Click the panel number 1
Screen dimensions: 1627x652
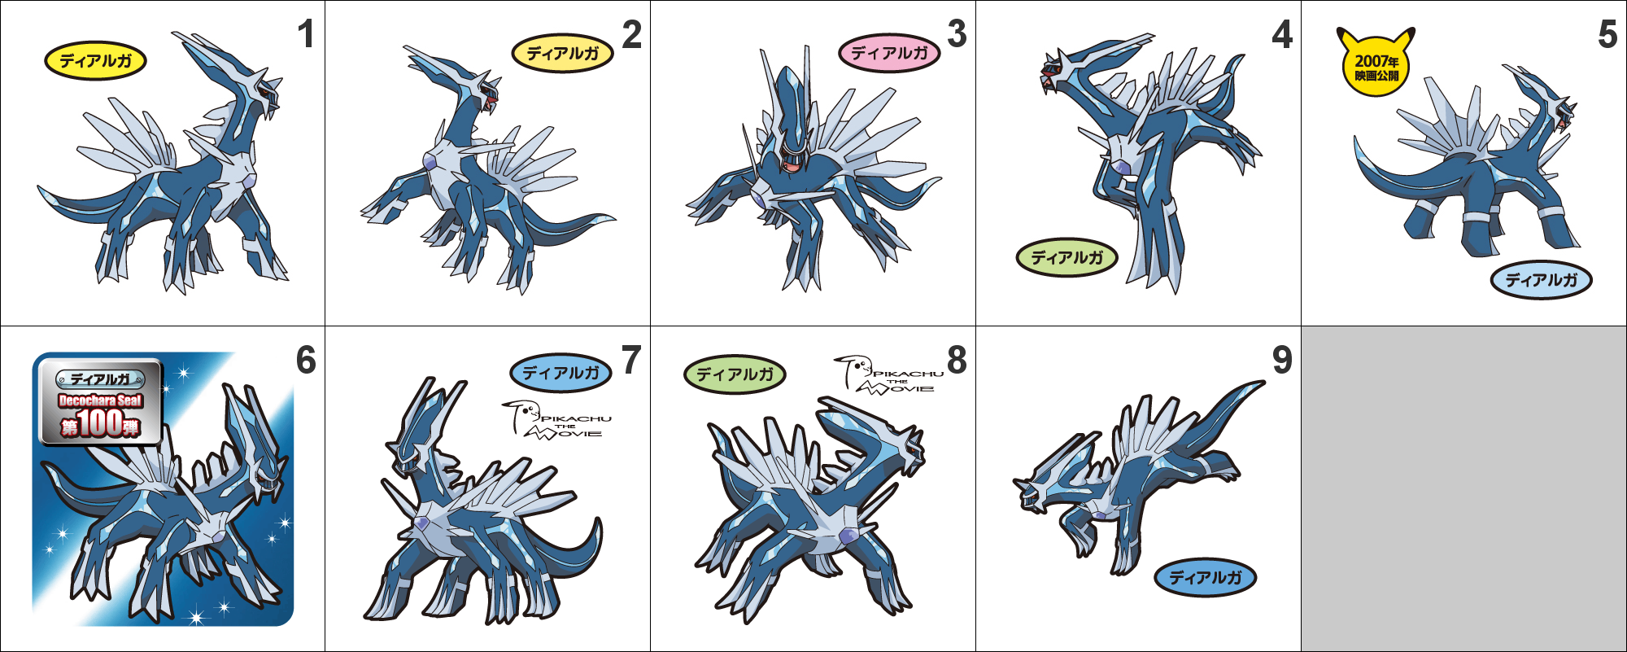306,34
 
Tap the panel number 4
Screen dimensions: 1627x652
1282,34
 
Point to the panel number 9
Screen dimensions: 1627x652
1282,360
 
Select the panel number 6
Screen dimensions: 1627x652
306,360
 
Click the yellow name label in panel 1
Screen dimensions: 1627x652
95,61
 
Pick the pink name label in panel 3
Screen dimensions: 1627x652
889,54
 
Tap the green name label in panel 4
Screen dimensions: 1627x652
1066,258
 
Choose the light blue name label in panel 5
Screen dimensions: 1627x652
1541,280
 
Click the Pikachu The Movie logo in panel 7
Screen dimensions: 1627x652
556,420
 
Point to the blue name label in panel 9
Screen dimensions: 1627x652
1206,578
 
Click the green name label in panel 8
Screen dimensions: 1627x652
735,374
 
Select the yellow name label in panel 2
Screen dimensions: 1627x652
563,54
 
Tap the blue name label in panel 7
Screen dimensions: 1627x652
561,374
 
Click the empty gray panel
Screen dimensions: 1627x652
1463,488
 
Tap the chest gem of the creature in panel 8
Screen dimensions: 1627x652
848,536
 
